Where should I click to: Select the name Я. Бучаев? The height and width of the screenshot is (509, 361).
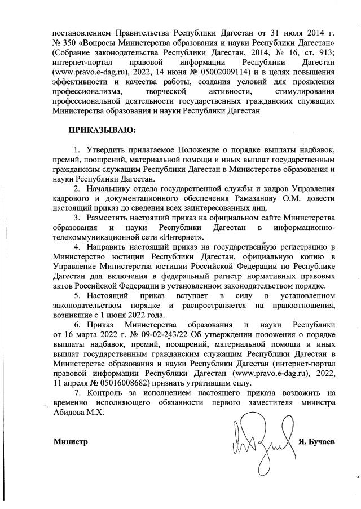tap(316, 441)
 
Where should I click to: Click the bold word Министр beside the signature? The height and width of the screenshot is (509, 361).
tap(71, 441)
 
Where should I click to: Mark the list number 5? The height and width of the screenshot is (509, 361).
tap(77, 295)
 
